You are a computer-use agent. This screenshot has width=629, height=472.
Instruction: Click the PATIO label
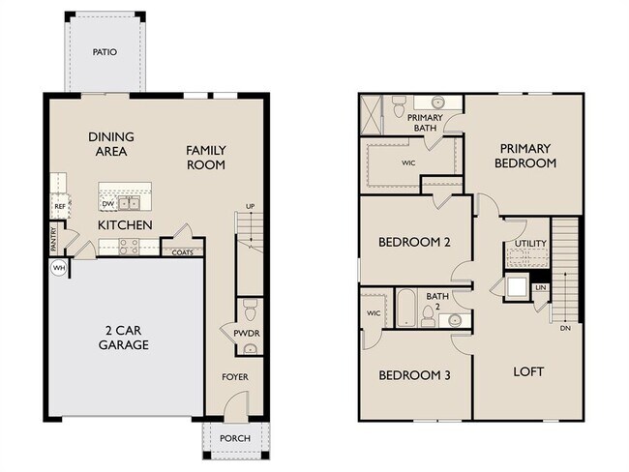pyautogui.click(x=105, y=52)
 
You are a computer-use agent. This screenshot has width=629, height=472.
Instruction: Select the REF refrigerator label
pyautogui.click(x=59, y=206)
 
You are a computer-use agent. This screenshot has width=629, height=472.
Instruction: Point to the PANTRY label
pyautogui.click(x=53, y=237)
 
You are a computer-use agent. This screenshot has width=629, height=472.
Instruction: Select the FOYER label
pyautogui.click(x=236, y=377)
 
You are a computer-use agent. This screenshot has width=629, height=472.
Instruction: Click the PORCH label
pyautogui.click(x=234, y=438)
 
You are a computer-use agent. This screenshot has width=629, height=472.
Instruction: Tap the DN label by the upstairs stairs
pyautogui.click(x=564, y=328)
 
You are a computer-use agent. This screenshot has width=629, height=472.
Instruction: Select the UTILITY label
pyautogui.click(x=530, y=243)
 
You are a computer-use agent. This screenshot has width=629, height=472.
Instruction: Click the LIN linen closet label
pyautogui.click(x=540, y=287)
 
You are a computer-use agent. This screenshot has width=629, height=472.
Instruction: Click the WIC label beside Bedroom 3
pyautogui.click(x=373, y=313)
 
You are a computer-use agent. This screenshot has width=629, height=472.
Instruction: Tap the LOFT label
pyautogui.click(x=528, y=371)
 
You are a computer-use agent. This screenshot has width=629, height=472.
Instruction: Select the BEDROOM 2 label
pyautogui.click(x=412, y=242)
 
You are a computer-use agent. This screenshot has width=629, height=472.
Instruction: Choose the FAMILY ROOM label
pyautogui.click(x=205, y=157)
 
